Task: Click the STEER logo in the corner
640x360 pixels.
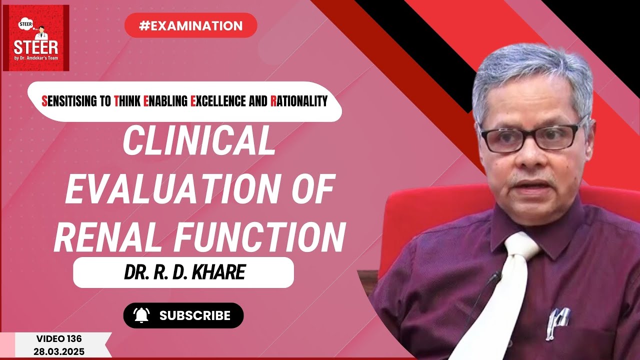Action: [36, 38]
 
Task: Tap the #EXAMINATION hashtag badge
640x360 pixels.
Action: [190, 25]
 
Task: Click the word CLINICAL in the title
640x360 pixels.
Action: [199, 142]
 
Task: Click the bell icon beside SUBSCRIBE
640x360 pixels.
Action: [141, 315]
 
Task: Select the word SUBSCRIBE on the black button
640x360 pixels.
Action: [195, 315]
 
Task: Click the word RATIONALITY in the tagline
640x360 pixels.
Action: [299, 101]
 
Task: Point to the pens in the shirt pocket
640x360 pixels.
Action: [559, 320]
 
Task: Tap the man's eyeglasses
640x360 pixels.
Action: [533, 136]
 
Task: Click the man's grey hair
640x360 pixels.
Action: [530, 75]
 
